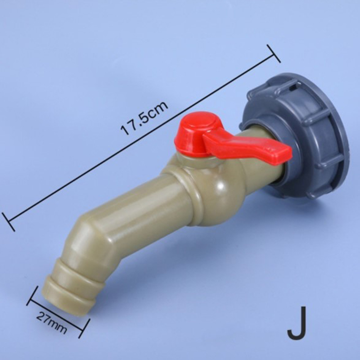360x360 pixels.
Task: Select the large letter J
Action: click(x=297, y=323)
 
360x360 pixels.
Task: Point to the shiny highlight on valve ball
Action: click(x=221, y=186)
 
